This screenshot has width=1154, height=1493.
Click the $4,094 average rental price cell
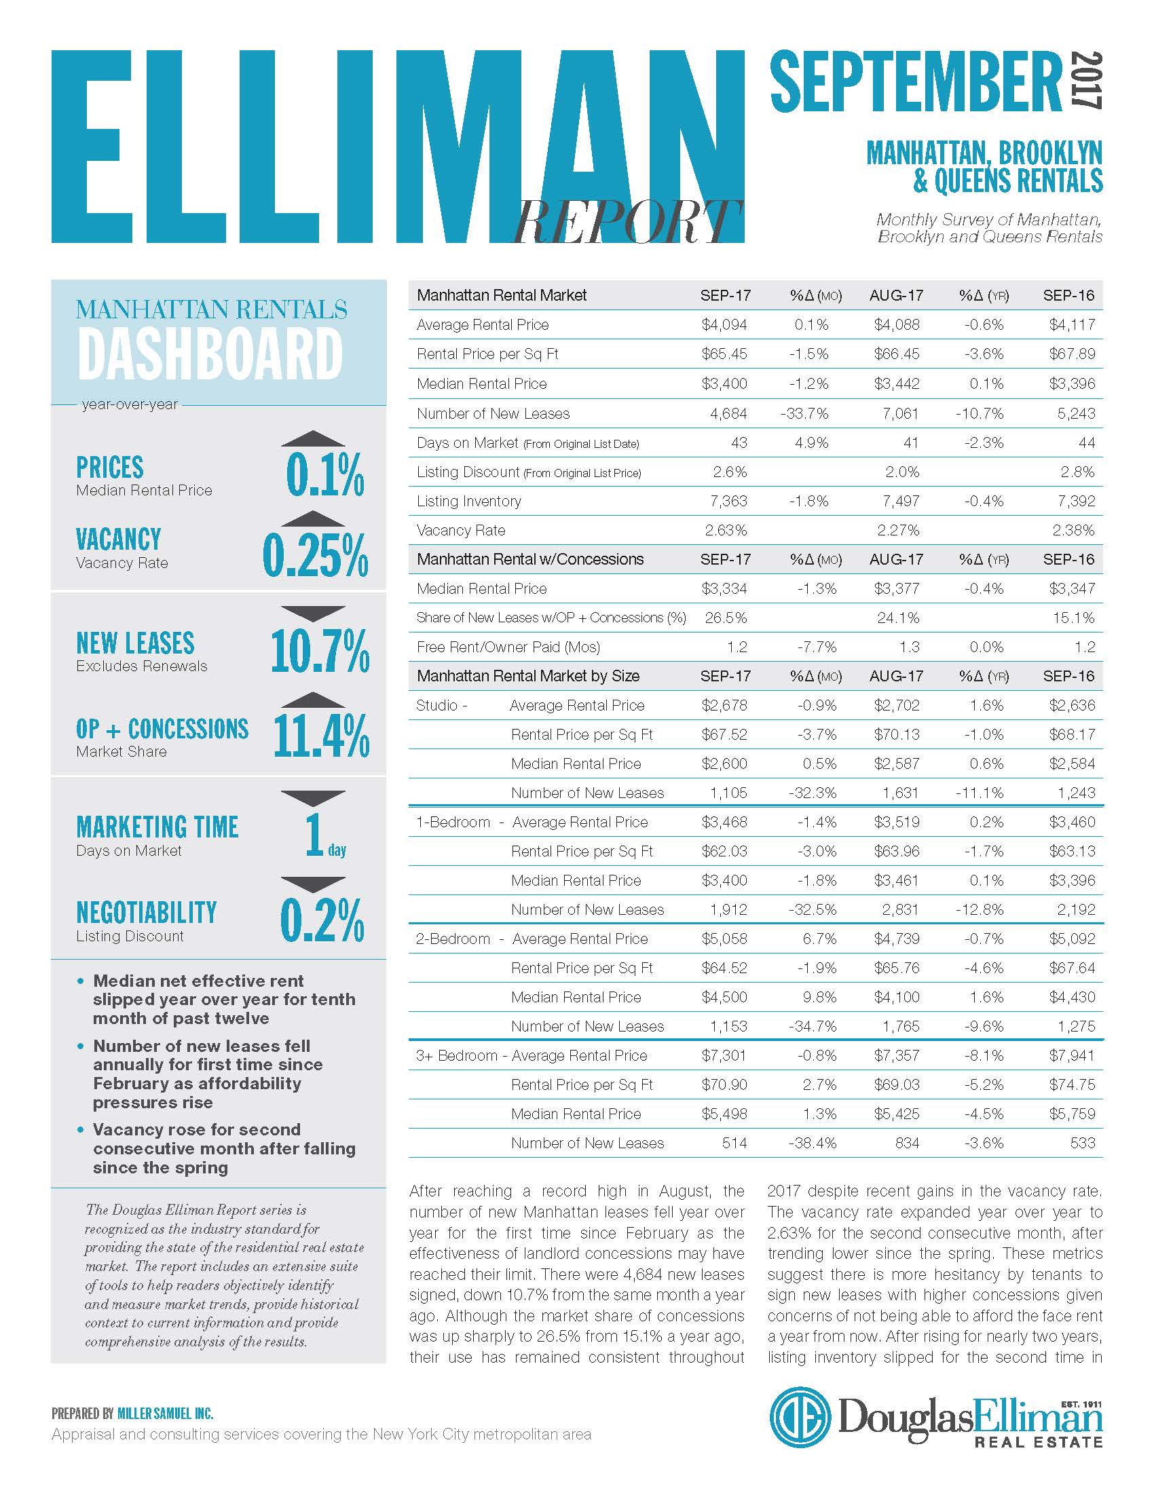[x=724, y=324]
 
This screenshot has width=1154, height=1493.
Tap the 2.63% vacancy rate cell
[x=726, y=530]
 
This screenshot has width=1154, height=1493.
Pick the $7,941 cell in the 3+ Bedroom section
[x=1072, y=1055]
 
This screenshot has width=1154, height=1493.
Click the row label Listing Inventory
[x=469, y=501]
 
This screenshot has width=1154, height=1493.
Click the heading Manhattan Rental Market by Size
[x=528, y=676]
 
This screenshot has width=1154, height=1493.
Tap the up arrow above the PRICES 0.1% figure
[x=313, y=439]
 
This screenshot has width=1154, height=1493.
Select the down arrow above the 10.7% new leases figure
[x=313, y=613]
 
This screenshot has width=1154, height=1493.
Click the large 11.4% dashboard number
[x=321, y=736]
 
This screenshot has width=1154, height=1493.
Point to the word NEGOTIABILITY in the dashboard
[x=147, y=912]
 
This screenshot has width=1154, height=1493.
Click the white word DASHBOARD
[x=210, y=354]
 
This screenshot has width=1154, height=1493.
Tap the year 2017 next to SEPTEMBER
[x=1085, y=80]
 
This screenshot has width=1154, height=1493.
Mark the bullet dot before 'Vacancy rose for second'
[x=81, y=1130]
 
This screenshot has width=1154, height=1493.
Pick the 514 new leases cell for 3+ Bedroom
[x=734, y=1143]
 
